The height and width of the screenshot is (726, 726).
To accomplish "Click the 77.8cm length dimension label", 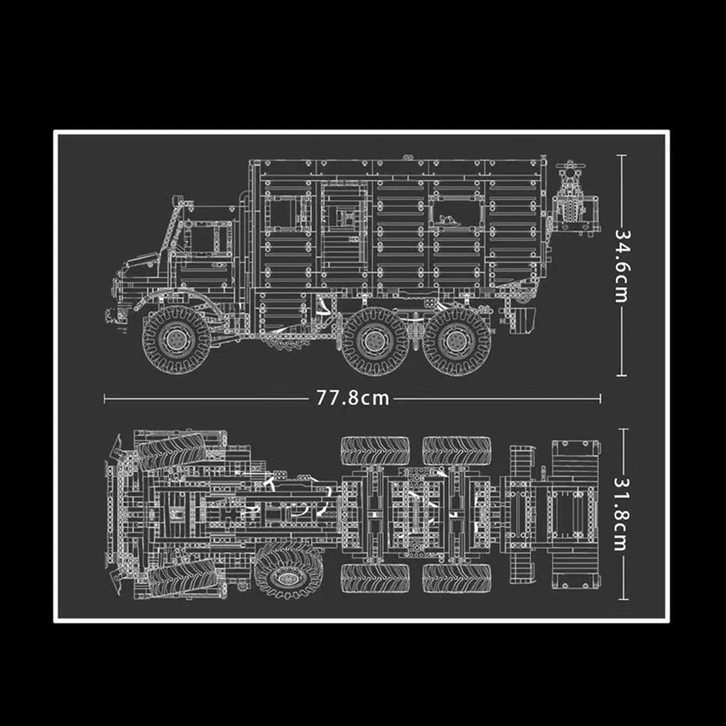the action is [x=353, y=398].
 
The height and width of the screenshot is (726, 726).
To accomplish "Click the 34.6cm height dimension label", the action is [x=622, y=266].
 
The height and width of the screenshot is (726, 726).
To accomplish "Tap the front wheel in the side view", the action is [x=176, y=340].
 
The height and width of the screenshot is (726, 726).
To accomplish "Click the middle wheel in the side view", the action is [x=375, y=341].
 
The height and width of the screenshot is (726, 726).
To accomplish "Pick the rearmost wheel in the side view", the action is [x=456, y=341].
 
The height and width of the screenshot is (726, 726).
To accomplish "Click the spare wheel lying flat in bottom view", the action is [x=288, y=570].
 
